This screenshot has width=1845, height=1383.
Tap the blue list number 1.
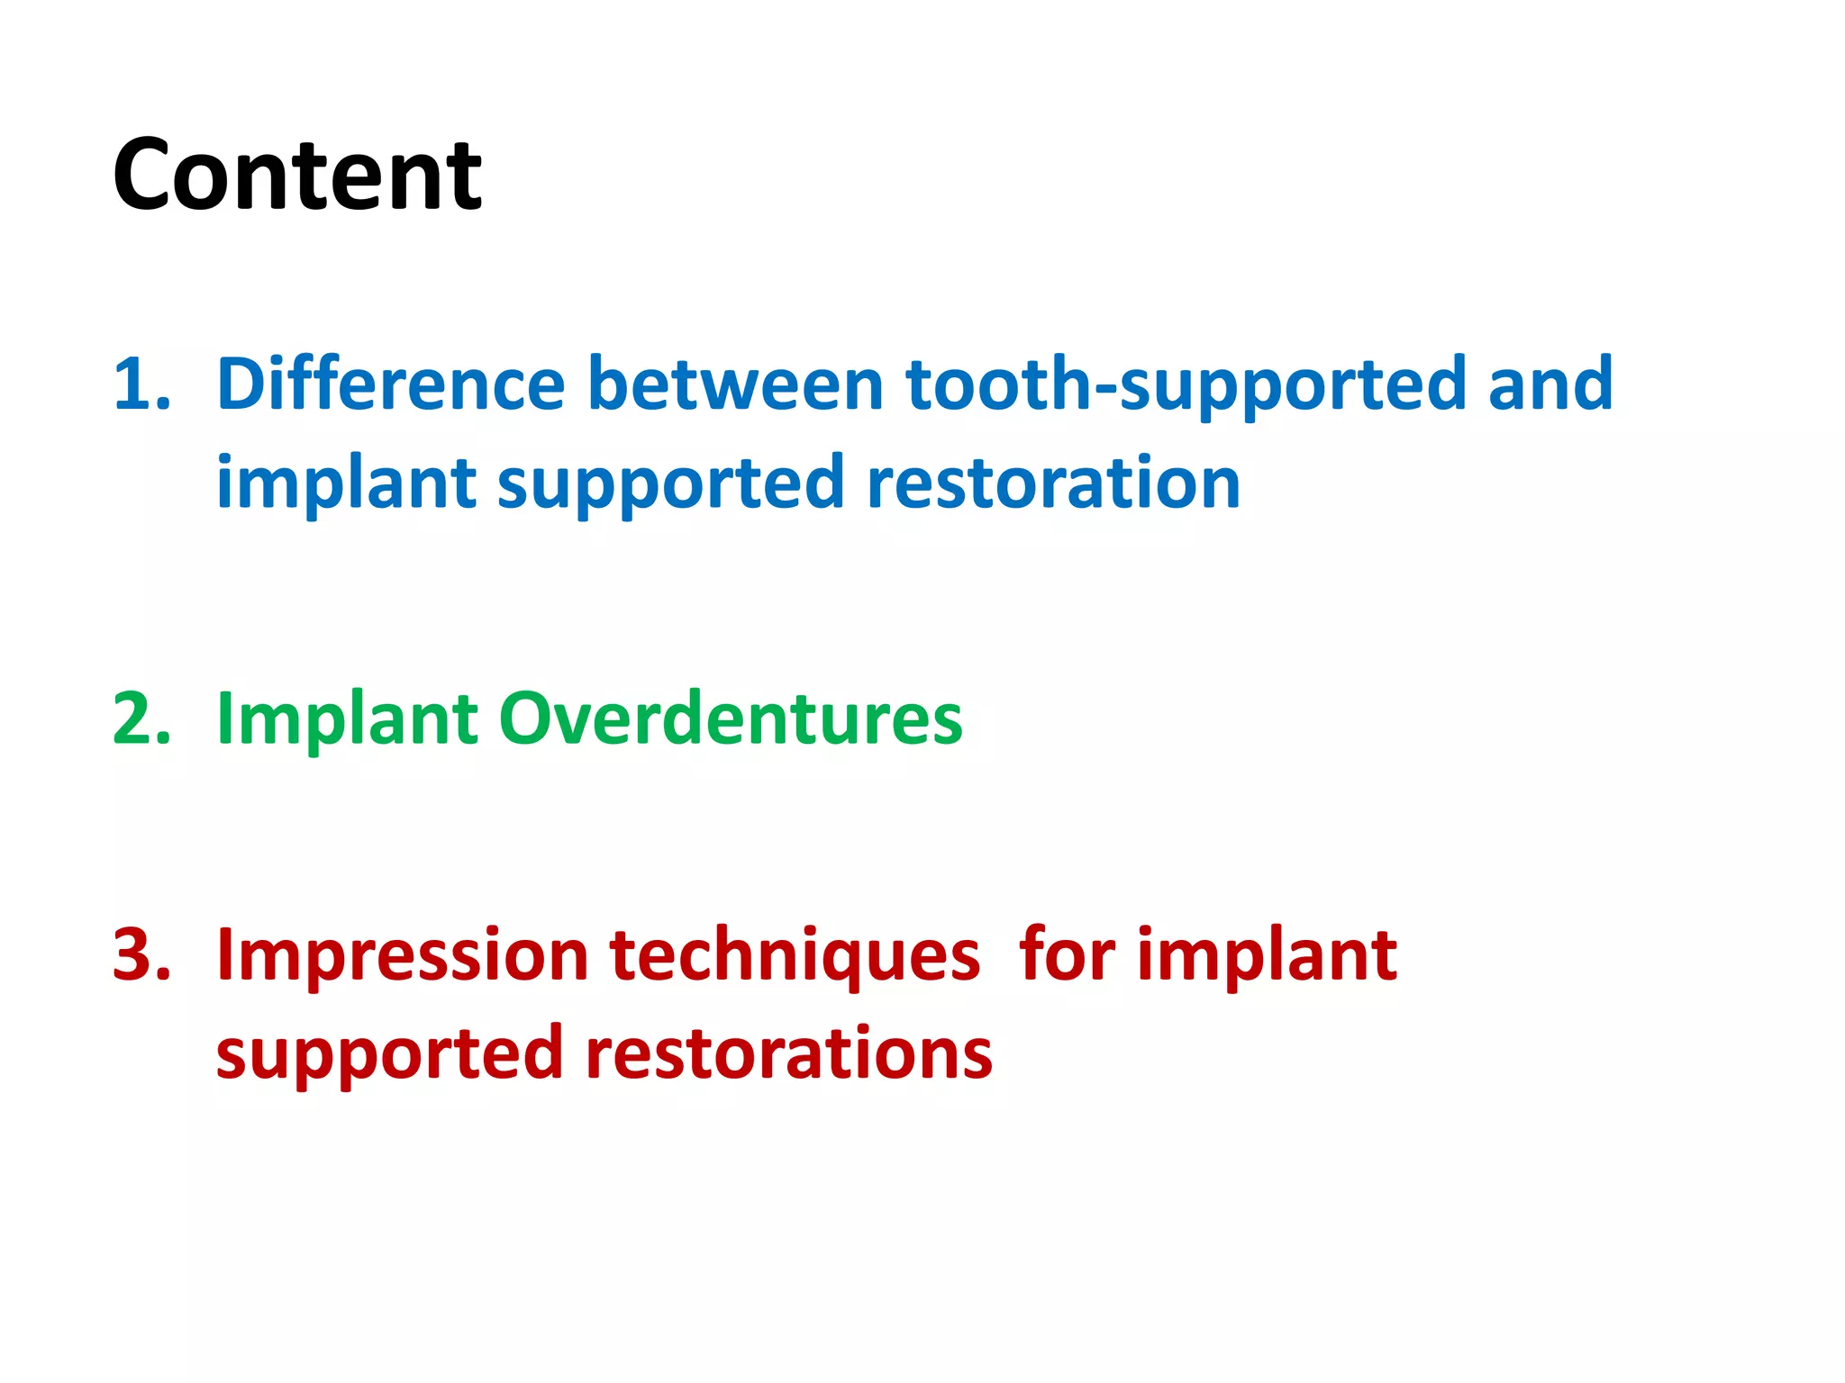(x=141, y=385)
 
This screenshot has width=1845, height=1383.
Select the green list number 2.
(x=141, y=719)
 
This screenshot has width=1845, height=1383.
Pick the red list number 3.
(x=141, y=954)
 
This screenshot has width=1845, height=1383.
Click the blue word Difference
(x=390, y=384)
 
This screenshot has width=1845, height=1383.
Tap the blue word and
(x=1550, y=384)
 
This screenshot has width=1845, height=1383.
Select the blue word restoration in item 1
(x=1053, y=484)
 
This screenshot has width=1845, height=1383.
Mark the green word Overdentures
(x=731, y=719)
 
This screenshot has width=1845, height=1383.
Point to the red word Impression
(x=403, y=954)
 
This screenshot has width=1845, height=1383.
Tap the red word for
(x=1067, y=954)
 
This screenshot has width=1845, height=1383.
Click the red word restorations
(x=788, y=1053)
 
